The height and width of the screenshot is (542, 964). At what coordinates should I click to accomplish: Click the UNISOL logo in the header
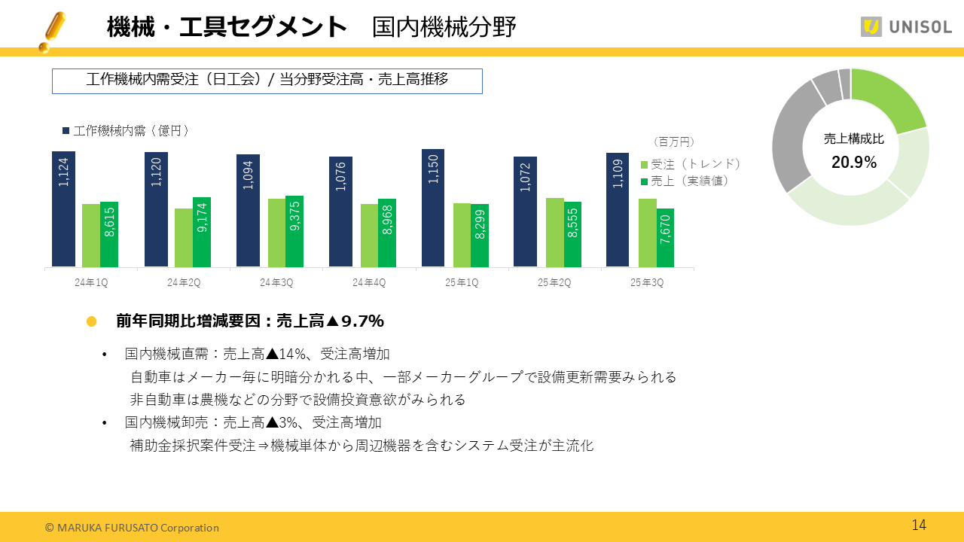point(906,26)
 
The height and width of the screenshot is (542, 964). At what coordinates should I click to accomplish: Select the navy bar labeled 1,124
point(63,209)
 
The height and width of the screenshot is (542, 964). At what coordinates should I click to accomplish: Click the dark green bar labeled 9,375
point(294,231)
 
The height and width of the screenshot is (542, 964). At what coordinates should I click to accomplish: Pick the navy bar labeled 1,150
point(433,208)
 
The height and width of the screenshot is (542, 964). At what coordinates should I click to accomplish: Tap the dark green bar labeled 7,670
point(665,238)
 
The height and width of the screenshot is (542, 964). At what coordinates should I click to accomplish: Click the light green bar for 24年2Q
point(184,238)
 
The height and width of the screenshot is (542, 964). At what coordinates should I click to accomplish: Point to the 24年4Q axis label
point(369,282)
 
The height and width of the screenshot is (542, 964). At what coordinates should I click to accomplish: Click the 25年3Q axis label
point(646,282)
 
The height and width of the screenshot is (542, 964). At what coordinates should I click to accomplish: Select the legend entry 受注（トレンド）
point(691,164)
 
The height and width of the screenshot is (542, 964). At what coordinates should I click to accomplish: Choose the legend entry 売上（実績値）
point(685,181)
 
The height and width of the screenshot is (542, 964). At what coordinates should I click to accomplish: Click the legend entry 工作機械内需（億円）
point(126,131)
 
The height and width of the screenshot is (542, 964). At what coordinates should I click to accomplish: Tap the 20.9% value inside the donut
point(854,163)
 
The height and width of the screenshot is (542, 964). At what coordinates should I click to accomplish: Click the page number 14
point(919,525)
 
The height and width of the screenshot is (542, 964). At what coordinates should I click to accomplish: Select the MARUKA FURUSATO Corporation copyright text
point(132,528)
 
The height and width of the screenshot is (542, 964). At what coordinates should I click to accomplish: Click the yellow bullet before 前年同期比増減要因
point(92,321)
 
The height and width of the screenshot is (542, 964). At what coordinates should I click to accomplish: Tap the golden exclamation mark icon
point(52,31)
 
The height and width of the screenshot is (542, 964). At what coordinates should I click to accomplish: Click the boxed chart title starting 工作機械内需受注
point(267,81)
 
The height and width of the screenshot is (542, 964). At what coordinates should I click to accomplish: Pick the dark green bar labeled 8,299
point(480,236)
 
